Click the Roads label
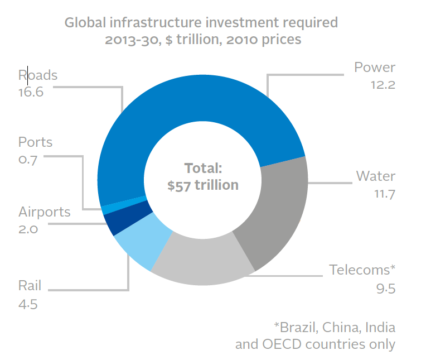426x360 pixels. tap(38, 75)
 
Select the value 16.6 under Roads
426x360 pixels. tap(31, 92)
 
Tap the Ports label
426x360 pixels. tap(35, 142)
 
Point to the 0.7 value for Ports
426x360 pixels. tap(27, 159)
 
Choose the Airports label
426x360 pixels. tap(45, 212)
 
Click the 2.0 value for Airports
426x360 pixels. tap(28, 229)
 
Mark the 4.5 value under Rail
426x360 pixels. tap(28, 304)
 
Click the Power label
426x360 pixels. tap(375, 68)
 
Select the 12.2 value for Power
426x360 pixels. tap(382, 85)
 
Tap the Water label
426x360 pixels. tap(376, 176)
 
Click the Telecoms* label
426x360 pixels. tap(362, 270)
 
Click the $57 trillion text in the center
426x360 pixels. tap(202, 185)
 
